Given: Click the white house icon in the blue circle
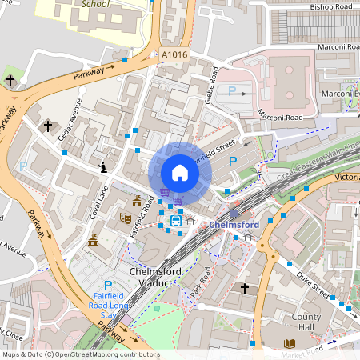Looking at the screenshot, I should (x=180, y=173).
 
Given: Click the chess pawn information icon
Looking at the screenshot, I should (x=103, y=166).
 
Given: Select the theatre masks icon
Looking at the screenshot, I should (x=126, y=217).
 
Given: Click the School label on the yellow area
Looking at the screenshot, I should (x=95, y=4).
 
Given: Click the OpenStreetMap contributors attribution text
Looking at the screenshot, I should (x=80, y=354).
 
